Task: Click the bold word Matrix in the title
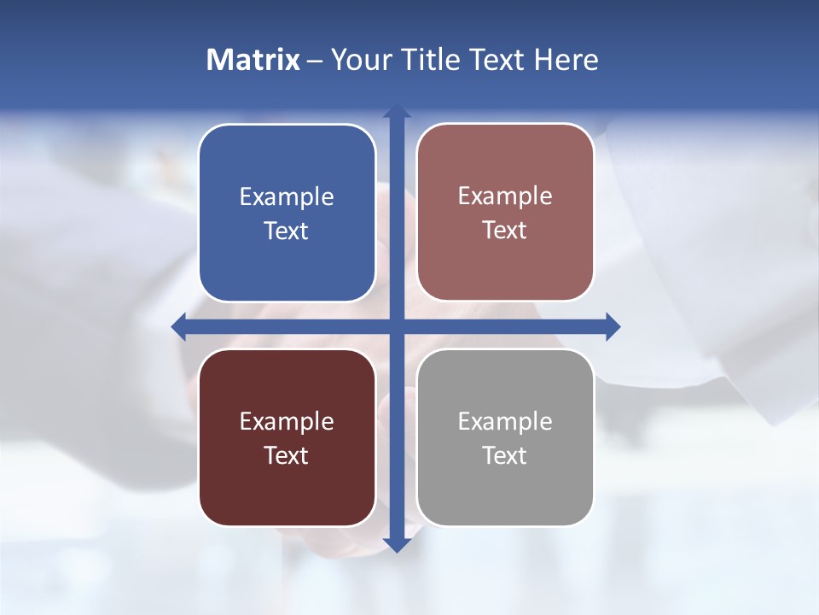(x=253, y=60)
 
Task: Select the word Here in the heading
(x=566, y=60)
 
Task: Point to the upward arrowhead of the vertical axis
(x=397, y=112)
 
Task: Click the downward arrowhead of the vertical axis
(x=397, y=544)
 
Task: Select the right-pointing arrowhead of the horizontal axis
(x=613, y=326)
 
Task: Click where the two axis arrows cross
(x=397, y=326)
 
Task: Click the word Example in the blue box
(x=287, y=197)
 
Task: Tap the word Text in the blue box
(x=287, y=231)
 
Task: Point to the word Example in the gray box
(x=505, y=421)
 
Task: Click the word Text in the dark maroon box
(x=287, y=455)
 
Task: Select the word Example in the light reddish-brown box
(x=505, y=196)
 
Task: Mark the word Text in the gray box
(x=505, y=455)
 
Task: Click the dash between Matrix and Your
(x=315, y=61)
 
